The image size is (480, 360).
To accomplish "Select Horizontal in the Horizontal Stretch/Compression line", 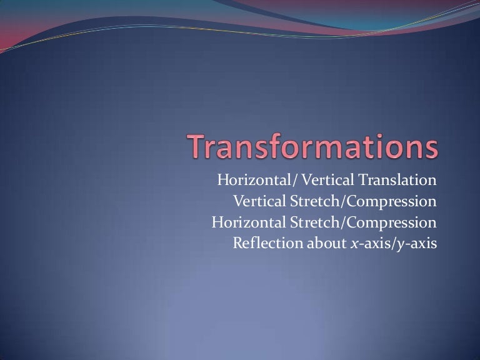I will pyautogui.click(x=245, y=222).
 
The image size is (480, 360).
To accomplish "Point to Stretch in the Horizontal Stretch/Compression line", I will pyautogui.click(x=310, y=222).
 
